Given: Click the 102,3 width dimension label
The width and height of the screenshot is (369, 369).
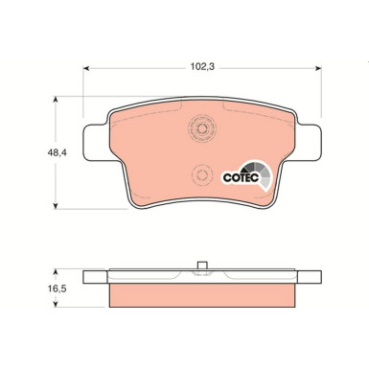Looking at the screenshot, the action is coord(202,67).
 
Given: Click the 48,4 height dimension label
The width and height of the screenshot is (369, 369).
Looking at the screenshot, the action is coord(57,152).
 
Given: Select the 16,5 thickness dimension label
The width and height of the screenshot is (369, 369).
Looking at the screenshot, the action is coord(57,288).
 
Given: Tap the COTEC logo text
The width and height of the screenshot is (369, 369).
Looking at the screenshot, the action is coord(241,177).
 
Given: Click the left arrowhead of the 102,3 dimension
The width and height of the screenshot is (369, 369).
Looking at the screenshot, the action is coord(85,68).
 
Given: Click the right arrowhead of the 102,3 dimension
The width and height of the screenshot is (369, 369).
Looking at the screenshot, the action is coord(318,68).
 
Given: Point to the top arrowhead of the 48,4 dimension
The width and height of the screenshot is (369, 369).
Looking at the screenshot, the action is coord(56,99).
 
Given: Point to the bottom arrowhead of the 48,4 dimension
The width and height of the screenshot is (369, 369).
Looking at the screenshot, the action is coord(56,206).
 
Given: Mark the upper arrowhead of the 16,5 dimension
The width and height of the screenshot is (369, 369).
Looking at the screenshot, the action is coord(56,272).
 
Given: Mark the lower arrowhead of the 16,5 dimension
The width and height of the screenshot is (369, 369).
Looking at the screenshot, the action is coord(56,304).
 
